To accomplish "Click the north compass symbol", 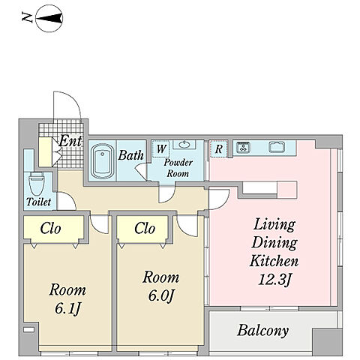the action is (49, 19).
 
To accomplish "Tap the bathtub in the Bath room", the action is (103, 161).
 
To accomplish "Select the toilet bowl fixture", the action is (37, 184).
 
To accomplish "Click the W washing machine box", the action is (160, 149).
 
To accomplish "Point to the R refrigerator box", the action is (219, 149).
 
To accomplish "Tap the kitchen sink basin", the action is (277, 147).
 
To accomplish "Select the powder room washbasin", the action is (184, 145).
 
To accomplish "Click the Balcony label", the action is (262, 331).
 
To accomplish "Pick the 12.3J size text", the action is (274, 279).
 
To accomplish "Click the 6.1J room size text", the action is (67, 309).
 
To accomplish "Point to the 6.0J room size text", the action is (160, 296).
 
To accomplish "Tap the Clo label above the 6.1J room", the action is (50, 228).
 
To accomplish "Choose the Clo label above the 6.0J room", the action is (145, 228).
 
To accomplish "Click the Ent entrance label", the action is (70, 141).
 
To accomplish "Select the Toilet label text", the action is (38, 202).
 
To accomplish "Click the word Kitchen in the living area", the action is (274, 261).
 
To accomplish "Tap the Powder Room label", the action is (178, 168).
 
